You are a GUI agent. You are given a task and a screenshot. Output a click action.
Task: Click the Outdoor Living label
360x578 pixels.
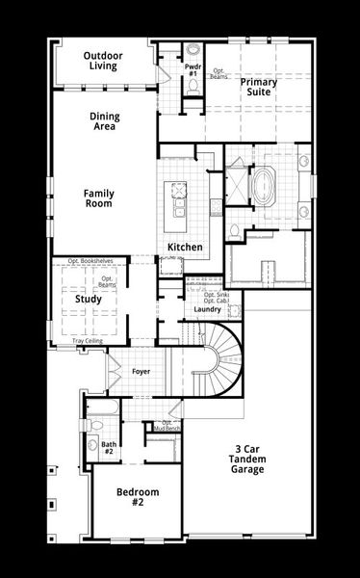click(x=102, y=61)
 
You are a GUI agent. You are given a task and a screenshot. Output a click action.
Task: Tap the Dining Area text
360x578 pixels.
click(x=105, y=122)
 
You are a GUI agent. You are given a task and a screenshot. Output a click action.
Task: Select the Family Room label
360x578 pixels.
click(x=98, y=198)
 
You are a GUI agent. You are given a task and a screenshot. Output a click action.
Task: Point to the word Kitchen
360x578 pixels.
click(x=185, y=248)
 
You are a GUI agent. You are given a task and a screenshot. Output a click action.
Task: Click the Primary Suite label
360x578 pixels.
click(x=259, y=88)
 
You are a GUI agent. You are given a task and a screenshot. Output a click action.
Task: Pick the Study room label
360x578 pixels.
click(x=89, y=299)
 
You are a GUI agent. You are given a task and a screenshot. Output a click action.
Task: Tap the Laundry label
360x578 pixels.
click(x=207, y=309)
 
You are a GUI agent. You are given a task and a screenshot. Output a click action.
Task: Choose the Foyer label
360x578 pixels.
click(x=141, y=369)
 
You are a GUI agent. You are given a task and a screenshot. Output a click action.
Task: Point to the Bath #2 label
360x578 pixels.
click(x=108, y=448)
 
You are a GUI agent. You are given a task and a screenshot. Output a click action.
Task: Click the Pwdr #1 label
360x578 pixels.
click(x=193, y=69)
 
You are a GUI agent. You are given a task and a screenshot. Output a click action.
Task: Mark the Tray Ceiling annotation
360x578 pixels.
click(x=88, y=341)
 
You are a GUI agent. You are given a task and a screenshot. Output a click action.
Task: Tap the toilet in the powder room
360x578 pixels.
click(x=193, y=87)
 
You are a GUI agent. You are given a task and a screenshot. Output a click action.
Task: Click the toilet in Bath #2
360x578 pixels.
click(x=93, y=444)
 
